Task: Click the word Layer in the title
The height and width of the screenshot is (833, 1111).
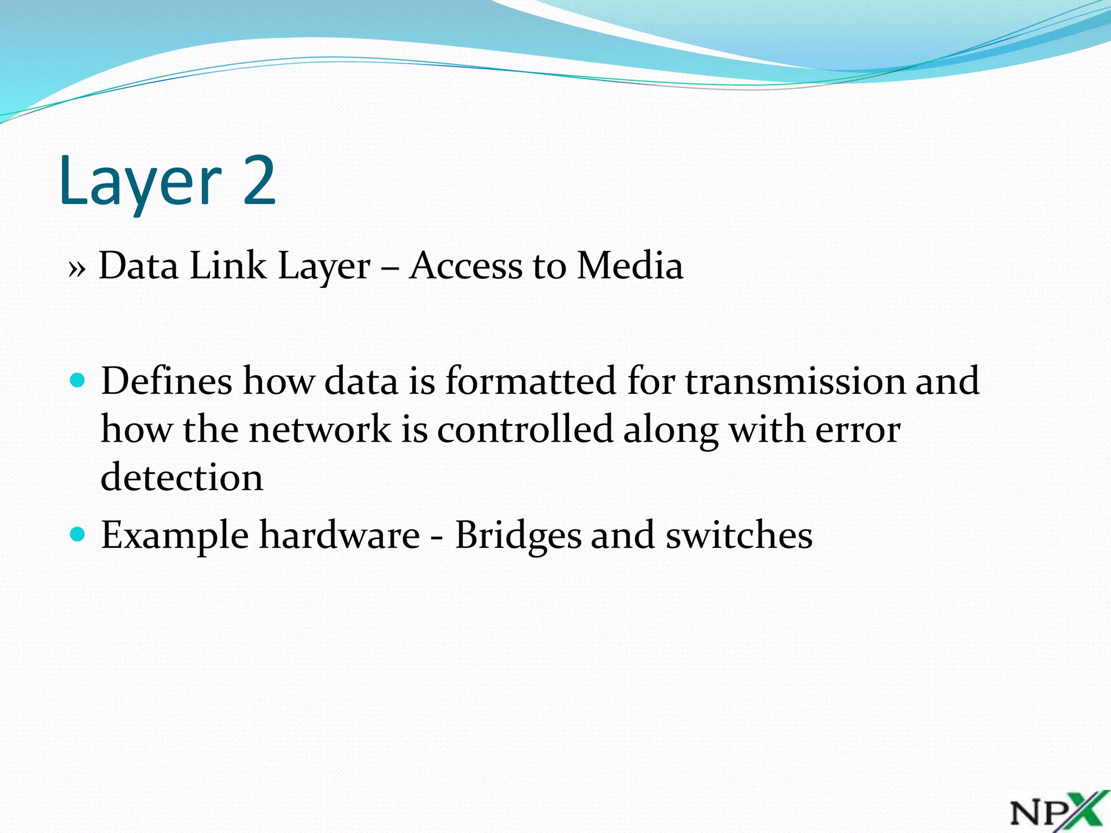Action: pos(141,182)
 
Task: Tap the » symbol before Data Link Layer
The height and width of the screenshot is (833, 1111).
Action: pos(77,268)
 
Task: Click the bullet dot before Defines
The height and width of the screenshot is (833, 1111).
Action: pos(78,380)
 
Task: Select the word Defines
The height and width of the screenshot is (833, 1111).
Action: pos(167,381)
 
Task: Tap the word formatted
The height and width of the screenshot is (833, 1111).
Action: pos(531,381)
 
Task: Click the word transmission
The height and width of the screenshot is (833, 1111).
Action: pos(795,381)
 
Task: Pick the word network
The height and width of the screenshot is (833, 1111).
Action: pos(320,430)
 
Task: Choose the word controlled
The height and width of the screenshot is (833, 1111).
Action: pos(525,430)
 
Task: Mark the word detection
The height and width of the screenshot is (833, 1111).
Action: pos(182,478)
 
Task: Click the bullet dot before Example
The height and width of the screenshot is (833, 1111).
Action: pos(78,535)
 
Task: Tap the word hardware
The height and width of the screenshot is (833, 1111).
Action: pos(340,535)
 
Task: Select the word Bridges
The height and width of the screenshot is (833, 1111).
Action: pos(518,536)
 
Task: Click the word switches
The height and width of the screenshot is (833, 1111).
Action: pos(739,535)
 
